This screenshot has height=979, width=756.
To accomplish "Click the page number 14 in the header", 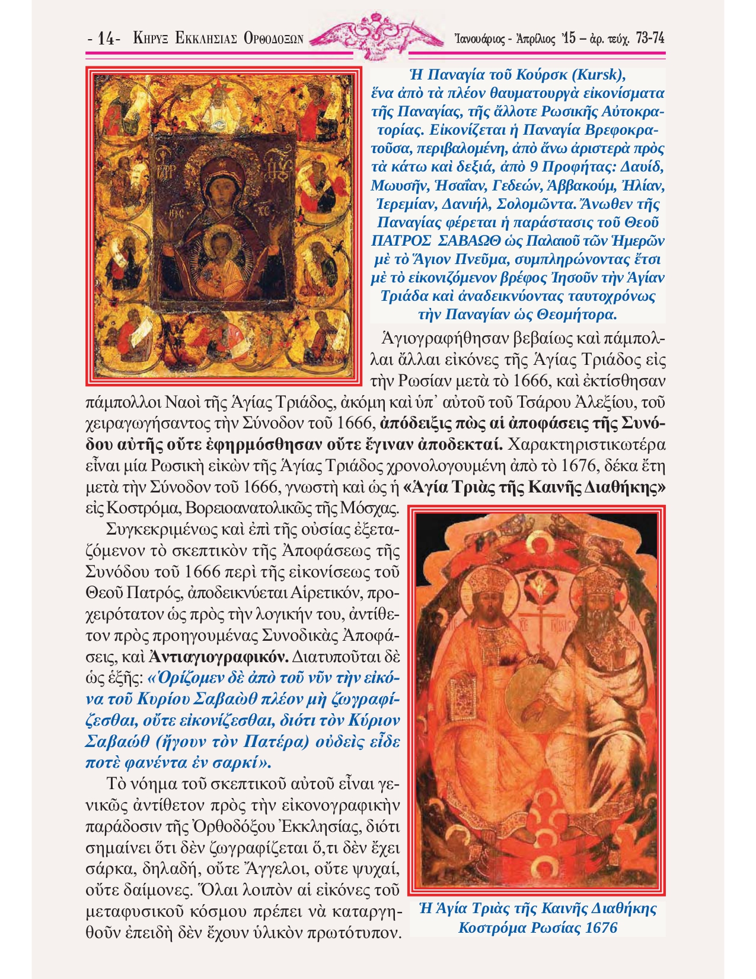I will [106, 39].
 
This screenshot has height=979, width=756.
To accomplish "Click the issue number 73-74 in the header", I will [649, 39].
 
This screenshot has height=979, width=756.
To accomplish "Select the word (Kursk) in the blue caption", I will [594, 75].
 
